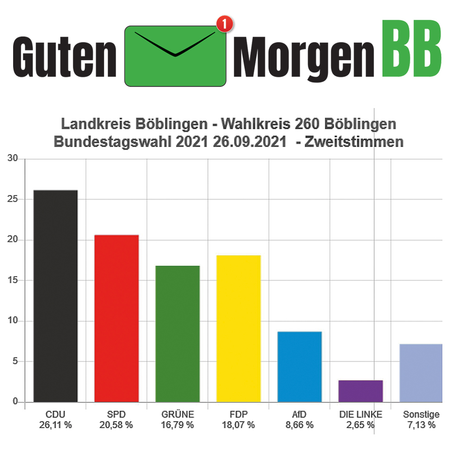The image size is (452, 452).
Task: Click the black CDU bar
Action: [56, 296]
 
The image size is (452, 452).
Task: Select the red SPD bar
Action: [117, 319]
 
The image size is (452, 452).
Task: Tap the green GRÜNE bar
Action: [178, 334]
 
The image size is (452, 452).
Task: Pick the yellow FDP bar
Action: [239, 329]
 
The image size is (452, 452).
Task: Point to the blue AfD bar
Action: [300, 367]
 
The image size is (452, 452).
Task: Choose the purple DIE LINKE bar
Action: [361, 391]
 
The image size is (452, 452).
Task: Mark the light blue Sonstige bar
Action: [421, 373]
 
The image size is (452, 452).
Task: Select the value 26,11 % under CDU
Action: [56, 425]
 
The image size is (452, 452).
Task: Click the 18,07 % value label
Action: [238, 425]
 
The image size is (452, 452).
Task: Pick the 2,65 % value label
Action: [360, 425]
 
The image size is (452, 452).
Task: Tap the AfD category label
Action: [299, 414]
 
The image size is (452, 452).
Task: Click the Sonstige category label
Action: [421, 414]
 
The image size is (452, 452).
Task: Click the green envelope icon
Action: [175, 56]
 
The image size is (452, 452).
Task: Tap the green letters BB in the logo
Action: [411, 49]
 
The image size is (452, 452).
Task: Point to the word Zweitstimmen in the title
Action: [354, 142]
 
